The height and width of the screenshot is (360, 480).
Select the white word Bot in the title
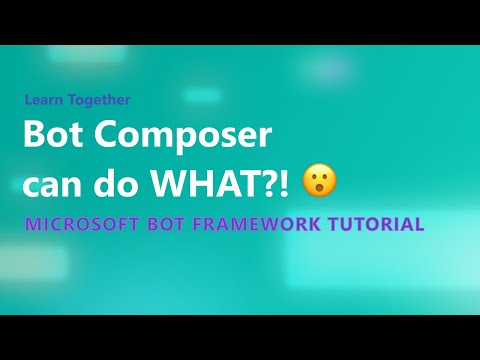tap(50, 135)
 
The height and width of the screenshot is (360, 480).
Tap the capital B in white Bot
tap(32, 135)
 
